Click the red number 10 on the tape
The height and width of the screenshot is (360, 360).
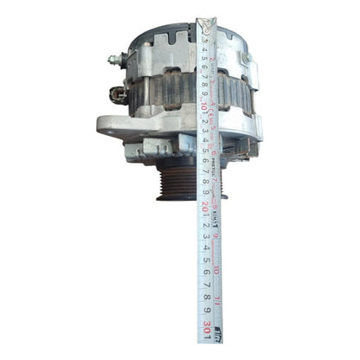[x=204, y=107]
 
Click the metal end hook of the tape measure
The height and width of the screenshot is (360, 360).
[x=208, y=19]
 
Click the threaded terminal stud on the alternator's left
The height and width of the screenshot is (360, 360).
[x=113, y=61]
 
